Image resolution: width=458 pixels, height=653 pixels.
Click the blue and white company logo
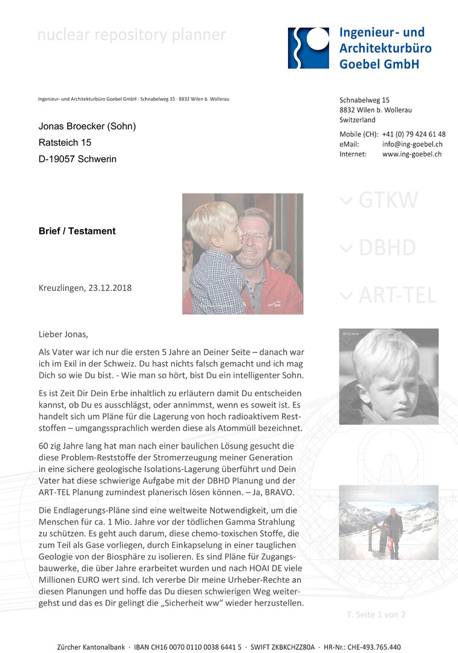coord(309,48)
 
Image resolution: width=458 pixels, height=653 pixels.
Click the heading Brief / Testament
coord(77,231)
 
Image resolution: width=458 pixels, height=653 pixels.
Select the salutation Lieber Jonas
coord(63,334)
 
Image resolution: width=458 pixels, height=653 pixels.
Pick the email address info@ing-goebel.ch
coord(412,145)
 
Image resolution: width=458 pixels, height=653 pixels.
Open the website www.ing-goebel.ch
coord(411,154)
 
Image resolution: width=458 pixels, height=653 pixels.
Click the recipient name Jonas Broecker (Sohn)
coord(87,126)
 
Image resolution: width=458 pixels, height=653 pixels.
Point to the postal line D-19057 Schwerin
coord(77,159)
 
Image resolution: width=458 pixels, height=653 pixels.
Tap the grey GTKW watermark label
coord(387,201)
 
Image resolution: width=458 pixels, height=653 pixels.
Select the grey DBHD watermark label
coord(387,248)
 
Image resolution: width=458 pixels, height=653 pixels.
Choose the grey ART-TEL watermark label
coord(396,295)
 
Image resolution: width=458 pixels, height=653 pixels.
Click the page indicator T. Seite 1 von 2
coord(376,614)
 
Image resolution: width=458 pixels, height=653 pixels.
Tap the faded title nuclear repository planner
coord(131,35)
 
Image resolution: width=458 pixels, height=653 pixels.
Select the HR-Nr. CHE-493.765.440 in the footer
coord(364,646)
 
